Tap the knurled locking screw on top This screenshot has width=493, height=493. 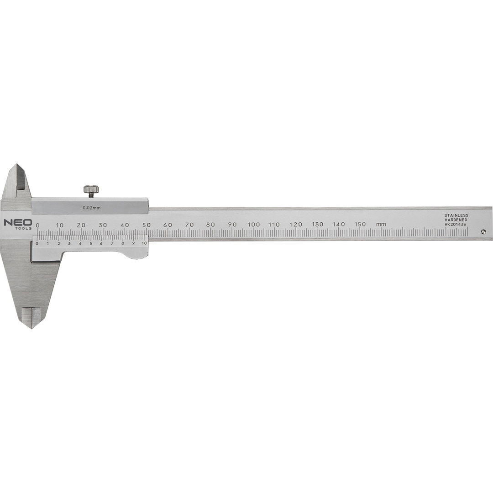point(91,189)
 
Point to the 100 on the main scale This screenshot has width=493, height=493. point(253,224)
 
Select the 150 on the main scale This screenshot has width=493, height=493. point(360,224)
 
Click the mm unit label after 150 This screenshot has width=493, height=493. point(381,224)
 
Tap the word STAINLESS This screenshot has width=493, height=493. point(456,215)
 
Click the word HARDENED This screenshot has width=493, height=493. point(456,220)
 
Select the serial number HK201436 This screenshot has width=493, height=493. point(456,224)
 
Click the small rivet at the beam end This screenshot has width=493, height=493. point(483,231)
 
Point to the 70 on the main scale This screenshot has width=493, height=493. point(189,224)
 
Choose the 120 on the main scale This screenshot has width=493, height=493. point(296,224)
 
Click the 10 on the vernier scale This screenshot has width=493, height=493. point(144,243)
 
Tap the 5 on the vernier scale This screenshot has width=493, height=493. point(90,243)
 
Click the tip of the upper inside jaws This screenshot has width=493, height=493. point(17,165)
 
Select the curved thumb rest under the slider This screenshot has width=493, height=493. point(132,254)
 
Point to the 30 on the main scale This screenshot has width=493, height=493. point(103,224)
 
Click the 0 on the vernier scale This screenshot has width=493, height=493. point(37,243)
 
